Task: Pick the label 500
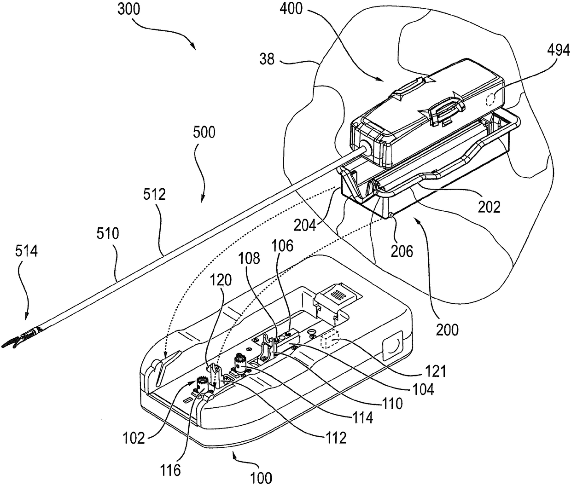[x=204, y=133]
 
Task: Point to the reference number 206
[x=402, y=251]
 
